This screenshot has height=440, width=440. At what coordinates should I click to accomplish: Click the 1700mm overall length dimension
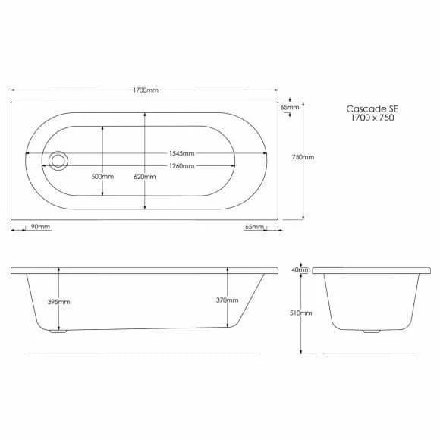tap(146, 90)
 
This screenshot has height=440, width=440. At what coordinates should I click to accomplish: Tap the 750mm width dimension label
tap(303, 157)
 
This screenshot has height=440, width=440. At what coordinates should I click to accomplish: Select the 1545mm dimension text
tap(181, 153)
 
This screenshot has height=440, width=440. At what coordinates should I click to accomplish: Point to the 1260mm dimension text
tap(181, 166)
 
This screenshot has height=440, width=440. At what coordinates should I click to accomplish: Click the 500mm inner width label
tap(102, 177)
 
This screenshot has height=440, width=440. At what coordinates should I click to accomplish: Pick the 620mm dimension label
tap(145, 177)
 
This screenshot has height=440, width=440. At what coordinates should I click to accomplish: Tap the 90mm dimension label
tap(40, 227)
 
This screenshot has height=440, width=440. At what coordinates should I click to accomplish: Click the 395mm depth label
tap(58, 302)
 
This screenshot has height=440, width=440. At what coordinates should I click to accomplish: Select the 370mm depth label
tap(228, 300)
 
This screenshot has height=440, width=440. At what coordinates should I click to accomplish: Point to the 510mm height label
tap(301, 313)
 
